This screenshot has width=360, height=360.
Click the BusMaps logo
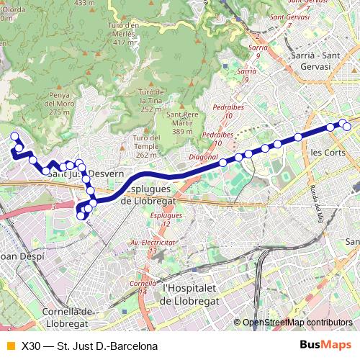[x=325, y=346]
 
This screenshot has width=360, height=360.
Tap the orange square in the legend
[x=10, y=346]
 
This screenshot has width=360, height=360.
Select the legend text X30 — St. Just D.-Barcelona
[x=89, y=346]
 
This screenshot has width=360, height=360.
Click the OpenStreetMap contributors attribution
[x=297, y=323]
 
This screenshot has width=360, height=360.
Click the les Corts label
[x=327, y=153]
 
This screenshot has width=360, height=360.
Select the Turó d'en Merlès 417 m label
[x=125, y=33]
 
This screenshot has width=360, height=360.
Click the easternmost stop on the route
[x=347, y=127]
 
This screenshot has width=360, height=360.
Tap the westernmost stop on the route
[x=14, y=135]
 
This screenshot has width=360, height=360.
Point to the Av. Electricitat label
[x=153, y=243]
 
